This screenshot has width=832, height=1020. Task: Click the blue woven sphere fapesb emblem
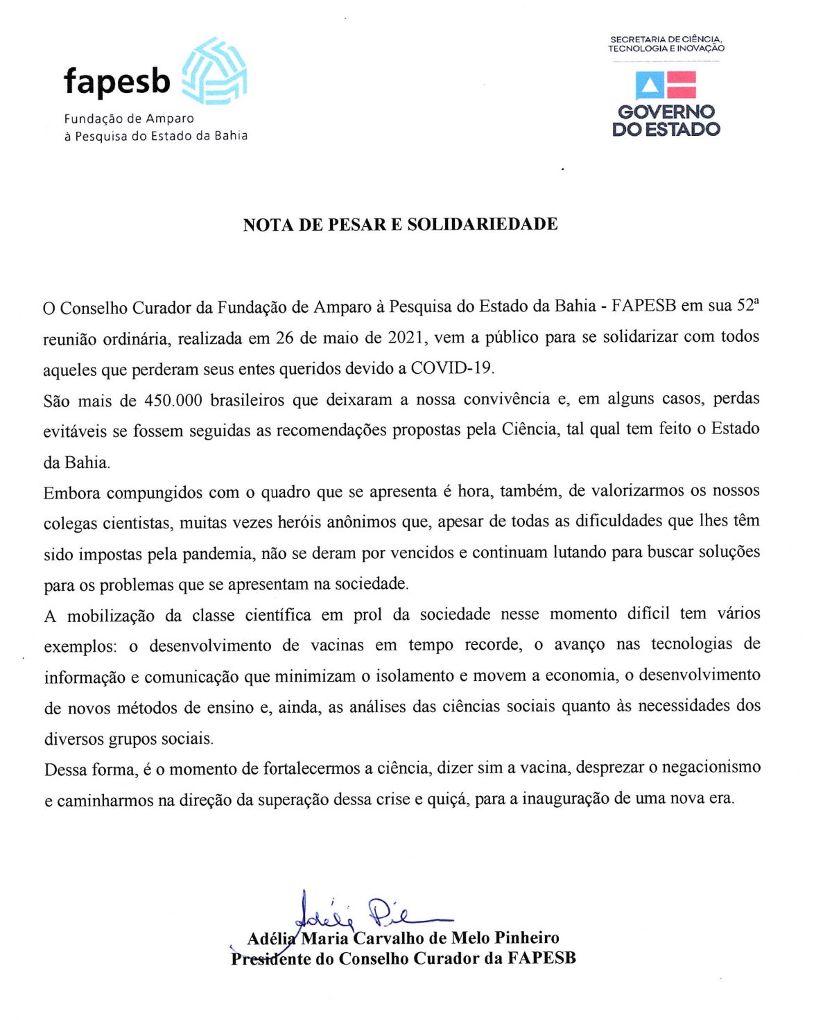point(214,71)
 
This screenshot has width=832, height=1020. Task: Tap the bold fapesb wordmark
point(117,81)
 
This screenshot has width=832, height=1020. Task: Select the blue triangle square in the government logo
point(650,85)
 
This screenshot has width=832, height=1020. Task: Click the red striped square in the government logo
point(682,85)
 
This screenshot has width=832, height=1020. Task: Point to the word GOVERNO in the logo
point(666,112)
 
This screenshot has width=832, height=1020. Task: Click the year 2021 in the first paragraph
point(406,338)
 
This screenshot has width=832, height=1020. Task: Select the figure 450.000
point(173,401)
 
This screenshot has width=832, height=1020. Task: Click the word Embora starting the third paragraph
point(72,493)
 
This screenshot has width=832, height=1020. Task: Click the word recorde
point(492,645)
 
